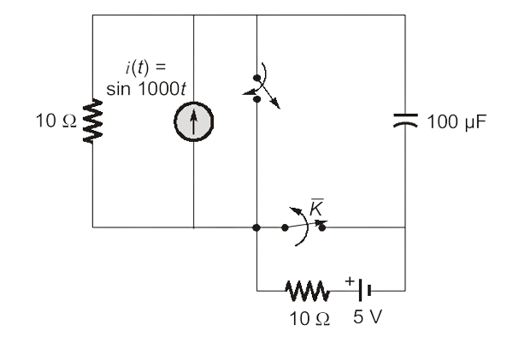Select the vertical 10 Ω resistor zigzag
pyautogui.click(x=93, y=121)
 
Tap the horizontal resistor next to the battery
pyautogui.click(x=308, y=291)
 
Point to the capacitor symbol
pyautogui.click(x=405, y=121)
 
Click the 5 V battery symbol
pyautogui.click(x=364, y=291)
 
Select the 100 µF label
pyautogui.click(x=457, y=122)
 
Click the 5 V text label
pyautogui.click(x=368, y=316)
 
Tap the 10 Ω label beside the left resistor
pyautogui.click(x=56, y=121)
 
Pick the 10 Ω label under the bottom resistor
pyautogui.click(x=310, y=319)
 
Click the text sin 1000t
pyautogui.click(x=146, y=88)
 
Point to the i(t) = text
pyautogui.click(x=145, y=68)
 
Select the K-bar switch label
pyautogui.click(x=316, y=207)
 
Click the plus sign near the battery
pyautogui.click(x=350, y=280)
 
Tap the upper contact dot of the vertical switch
pyautogui.click(x=257, y=78)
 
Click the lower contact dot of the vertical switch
pyautogui.click(x=257, y=99)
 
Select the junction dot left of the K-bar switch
pyautogui.click(x=256, y=227)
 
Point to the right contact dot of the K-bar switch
pyautogui.click(x=322, y=227)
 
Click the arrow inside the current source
pyautogui.click(x=193, y=121)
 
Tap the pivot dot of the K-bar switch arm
pyautogui.click(x=285, y=227)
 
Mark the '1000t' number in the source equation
pyautogui.click(x=162, y=88)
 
